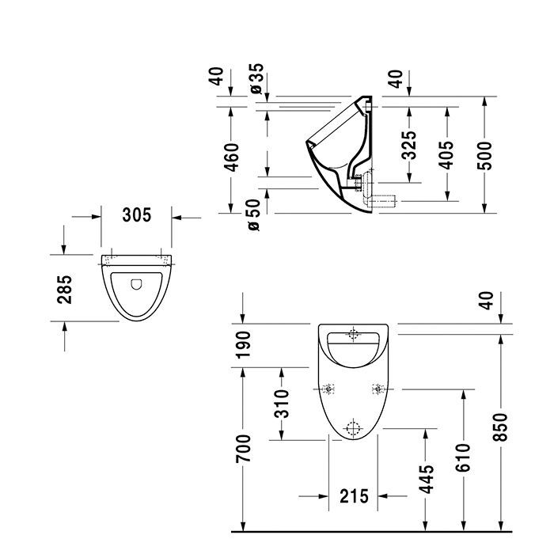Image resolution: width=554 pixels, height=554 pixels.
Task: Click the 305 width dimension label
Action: click(x=137, y=214)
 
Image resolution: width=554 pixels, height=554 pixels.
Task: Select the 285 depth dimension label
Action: click(x=66, y=289)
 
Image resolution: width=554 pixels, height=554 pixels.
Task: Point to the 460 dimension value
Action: click(x=230, y=157)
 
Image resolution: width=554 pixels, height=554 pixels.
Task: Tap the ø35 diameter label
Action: click(x=255, y=78)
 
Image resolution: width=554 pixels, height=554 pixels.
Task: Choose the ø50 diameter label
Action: click(x=255, y=214)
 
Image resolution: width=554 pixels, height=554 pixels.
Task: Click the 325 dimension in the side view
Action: click(x=409, y=145)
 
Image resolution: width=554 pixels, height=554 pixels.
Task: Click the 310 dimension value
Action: click(x=283, y=403)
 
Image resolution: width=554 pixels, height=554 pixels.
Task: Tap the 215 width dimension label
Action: click(x=354, y=496)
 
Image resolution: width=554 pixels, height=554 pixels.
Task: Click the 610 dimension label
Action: click(x=465, y=458)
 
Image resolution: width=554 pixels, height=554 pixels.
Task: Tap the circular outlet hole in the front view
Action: click(x=353, y=428)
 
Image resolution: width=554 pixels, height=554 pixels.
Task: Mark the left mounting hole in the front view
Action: click(x=329, y=389)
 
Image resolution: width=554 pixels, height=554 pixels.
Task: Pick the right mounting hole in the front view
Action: click(x=378, y=389)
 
